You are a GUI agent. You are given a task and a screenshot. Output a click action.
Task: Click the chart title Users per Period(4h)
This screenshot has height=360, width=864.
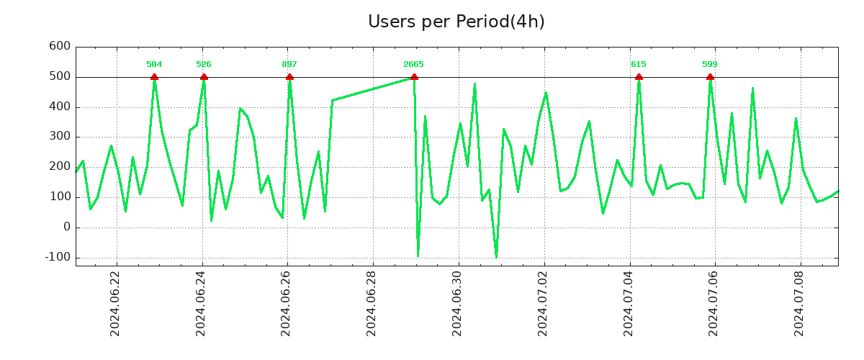pyautogui.click(x=456, y=22)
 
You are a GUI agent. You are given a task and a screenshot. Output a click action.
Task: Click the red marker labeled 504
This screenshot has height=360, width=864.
pyautogui.click(x=154, y=76)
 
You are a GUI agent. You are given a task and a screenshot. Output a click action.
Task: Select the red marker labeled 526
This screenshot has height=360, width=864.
pyautogui.click(x=204, y=76)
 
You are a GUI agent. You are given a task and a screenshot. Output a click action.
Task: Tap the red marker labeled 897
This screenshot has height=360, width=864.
pyautogui.click(x=289, y=76)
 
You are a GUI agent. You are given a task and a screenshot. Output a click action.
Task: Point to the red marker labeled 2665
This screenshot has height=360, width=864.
pyautogui.click(x=414, y=76)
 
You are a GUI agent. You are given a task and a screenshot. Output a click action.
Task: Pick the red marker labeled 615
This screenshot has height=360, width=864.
pyautogui.click(x=639, y=76)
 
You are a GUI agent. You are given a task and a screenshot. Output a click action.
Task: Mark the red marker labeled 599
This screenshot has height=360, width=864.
pyautogui.click(x=710, y=76)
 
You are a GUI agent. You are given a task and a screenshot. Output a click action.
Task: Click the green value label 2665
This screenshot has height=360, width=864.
pyautogui.click(x=413, y=65)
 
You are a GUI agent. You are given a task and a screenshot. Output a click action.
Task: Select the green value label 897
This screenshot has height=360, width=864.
pyautogui.click(x=289, y=65)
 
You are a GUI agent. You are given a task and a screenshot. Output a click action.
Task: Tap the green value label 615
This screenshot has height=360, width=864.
pyautogui.click(x=639, y=65)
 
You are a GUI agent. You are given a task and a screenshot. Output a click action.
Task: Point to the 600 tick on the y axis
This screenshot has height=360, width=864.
pyautogui.click(x=60, y=47)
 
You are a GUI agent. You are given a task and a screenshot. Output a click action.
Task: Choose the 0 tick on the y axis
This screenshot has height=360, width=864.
pyautogui.click(x=66, y=227)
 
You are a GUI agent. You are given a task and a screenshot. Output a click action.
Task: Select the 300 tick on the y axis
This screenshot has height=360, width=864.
pyautogui.click(x=60, y=137)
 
